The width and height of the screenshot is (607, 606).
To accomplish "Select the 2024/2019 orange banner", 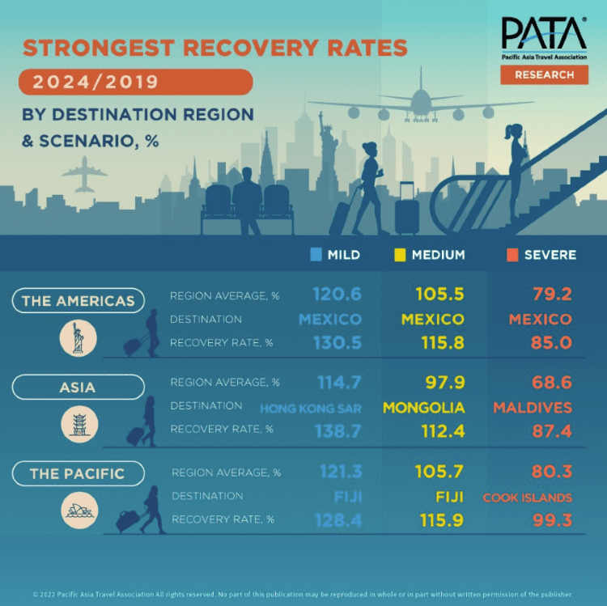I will coord(136,83).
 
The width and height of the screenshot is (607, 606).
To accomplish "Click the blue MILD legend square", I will coord(316,255).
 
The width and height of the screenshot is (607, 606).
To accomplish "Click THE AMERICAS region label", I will coord(78,301).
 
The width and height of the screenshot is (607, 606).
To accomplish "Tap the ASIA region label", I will coord(78,388).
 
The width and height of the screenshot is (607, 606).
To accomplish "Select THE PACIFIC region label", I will coord(78,473).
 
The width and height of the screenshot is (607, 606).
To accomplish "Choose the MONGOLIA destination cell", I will coord(424,408).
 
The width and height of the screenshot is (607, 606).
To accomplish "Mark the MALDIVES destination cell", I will coord(533,408).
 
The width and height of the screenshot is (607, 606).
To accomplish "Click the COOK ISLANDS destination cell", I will coord(528,498).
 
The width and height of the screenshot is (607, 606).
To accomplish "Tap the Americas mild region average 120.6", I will coord(337,295).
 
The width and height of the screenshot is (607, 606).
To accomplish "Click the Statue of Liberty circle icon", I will coord(79,338).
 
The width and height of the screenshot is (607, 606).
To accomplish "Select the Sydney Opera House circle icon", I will coord(79,510).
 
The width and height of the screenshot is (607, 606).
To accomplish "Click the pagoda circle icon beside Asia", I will coord(79,424).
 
